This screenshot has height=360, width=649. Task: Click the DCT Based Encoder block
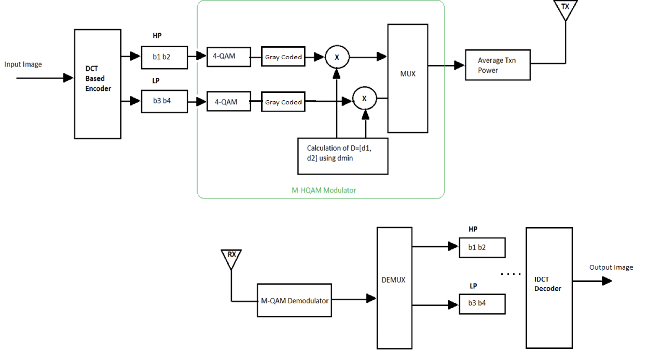point(97,84)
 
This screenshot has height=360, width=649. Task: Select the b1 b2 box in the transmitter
point(164,57)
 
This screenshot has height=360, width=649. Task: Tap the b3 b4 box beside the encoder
point(164,101)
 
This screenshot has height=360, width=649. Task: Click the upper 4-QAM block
point(228,57)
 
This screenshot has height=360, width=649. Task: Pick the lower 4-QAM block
point(228,102)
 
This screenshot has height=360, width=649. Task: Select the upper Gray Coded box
point(283,57)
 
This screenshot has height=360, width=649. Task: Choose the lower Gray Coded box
point(283,102)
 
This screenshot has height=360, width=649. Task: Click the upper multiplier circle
point(337,57)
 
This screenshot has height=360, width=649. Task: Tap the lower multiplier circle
point(364,99)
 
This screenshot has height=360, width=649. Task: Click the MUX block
point(408,78)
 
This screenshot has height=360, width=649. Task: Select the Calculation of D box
point(343,156)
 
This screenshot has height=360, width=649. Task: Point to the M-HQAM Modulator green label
point(324,190)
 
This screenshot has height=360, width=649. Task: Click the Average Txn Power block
point(498,65)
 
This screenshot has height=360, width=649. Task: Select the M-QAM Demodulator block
point(294,300)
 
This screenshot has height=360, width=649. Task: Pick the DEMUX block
point(394,288)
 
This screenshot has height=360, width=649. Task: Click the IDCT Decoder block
point(549,288)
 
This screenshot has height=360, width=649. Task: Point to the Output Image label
point(611,267)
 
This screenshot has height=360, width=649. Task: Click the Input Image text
point(23,64)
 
